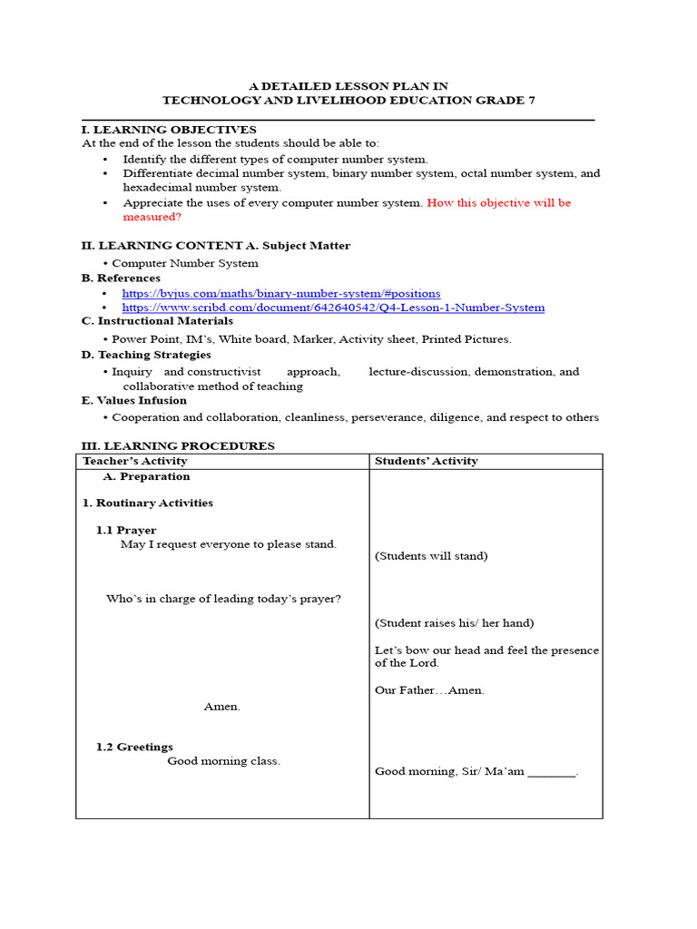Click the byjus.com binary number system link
pyautogui.click(x=281, y=294)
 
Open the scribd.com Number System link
pyautogui.click(x=333, y=308)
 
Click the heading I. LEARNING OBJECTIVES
pyautogui.click(x=169, y=130)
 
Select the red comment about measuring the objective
pyautogui.click(x=347, y=210)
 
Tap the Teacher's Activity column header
pyautogui.click(x=135, y=461)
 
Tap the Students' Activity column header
pyautogui.click(x=426, y=461)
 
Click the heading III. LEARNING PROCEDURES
pyautogui.click(x=178, y=445)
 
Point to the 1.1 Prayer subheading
pyautogui.click(x=126, y=530)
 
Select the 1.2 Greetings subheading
pyautogui.click(x=134, y=747)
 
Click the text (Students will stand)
pyautogui.click(x=430, y=556)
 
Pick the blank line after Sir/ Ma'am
pyautogui.click(x=551, y=772)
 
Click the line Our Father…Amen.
pyautogui.click(x=429, y=690)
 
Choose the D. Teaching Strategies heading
pyautogui.click(x=146, y=355)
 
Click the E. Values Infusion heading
pyautogui.click(x=134, y=400)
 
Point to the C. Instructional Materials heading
pyautogui.click(x=157, y=321)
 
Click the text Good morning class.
pyautogui.click(x=223, y=761)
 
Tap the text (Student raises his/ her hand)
pyautogui.click(x=454, y=623)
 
